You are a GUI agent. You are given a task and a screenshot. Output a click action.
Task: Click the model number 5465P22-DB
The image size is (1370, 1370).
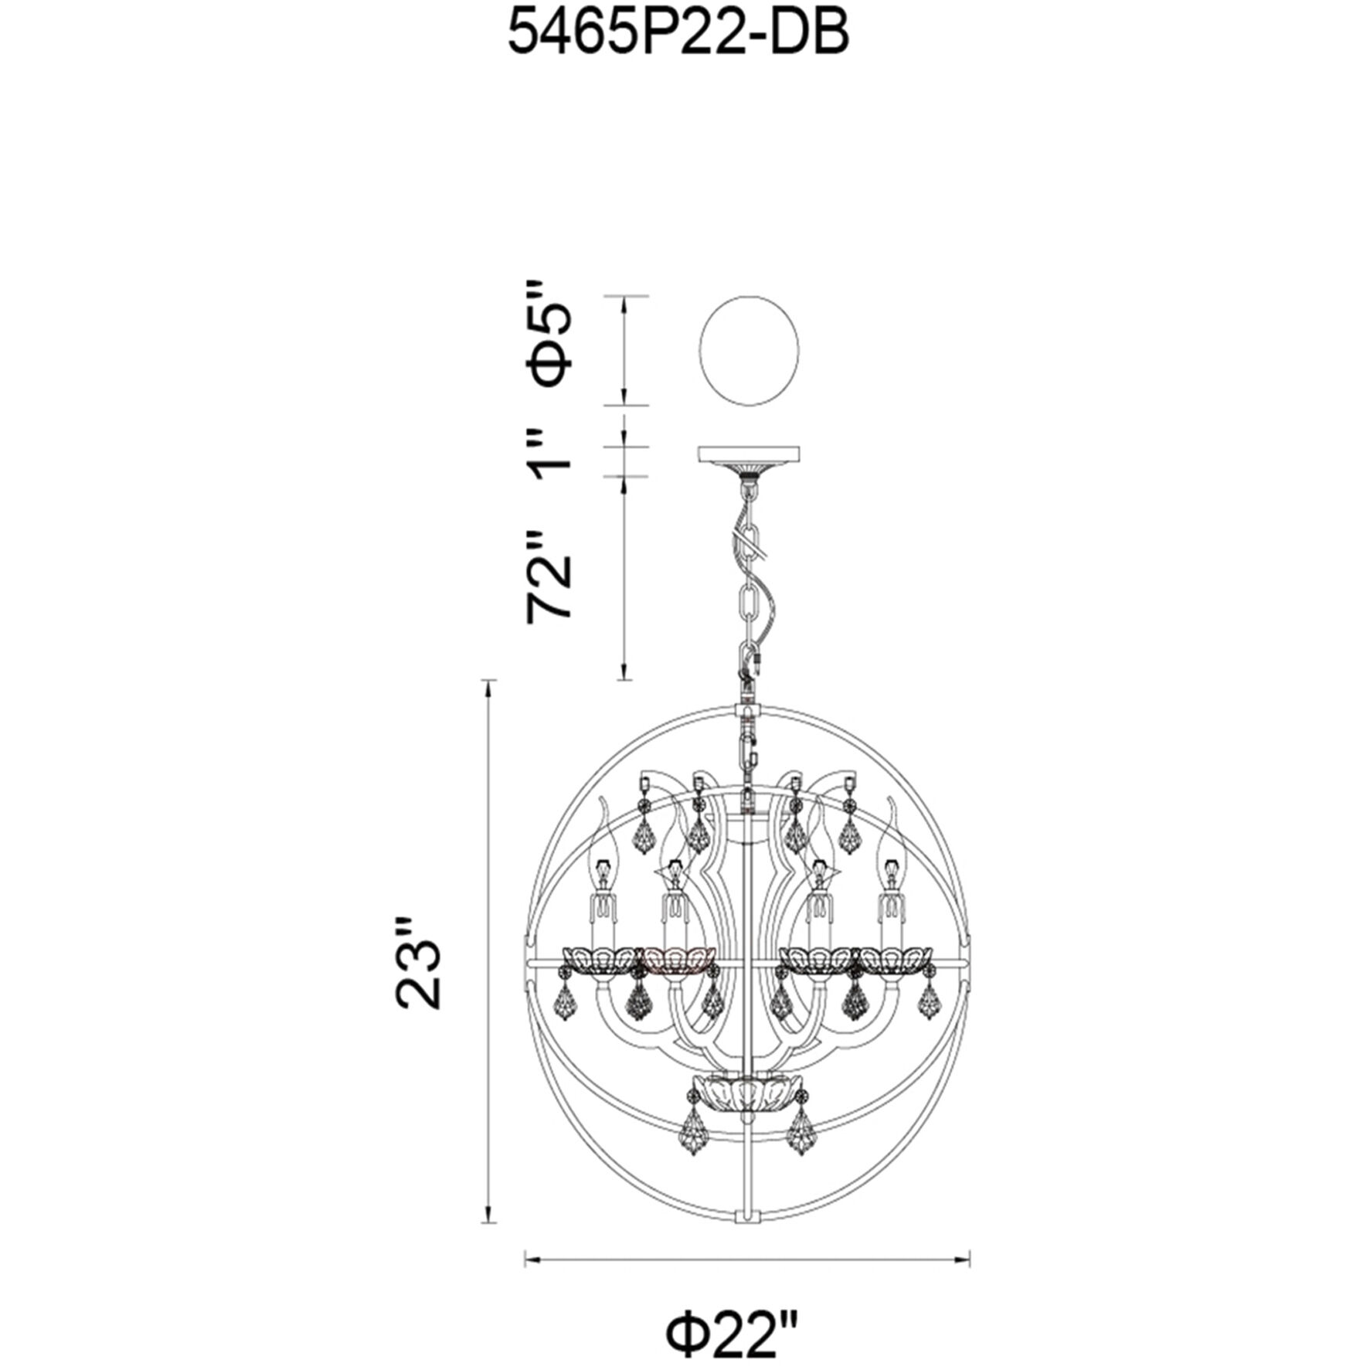[x=678, y=36]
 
